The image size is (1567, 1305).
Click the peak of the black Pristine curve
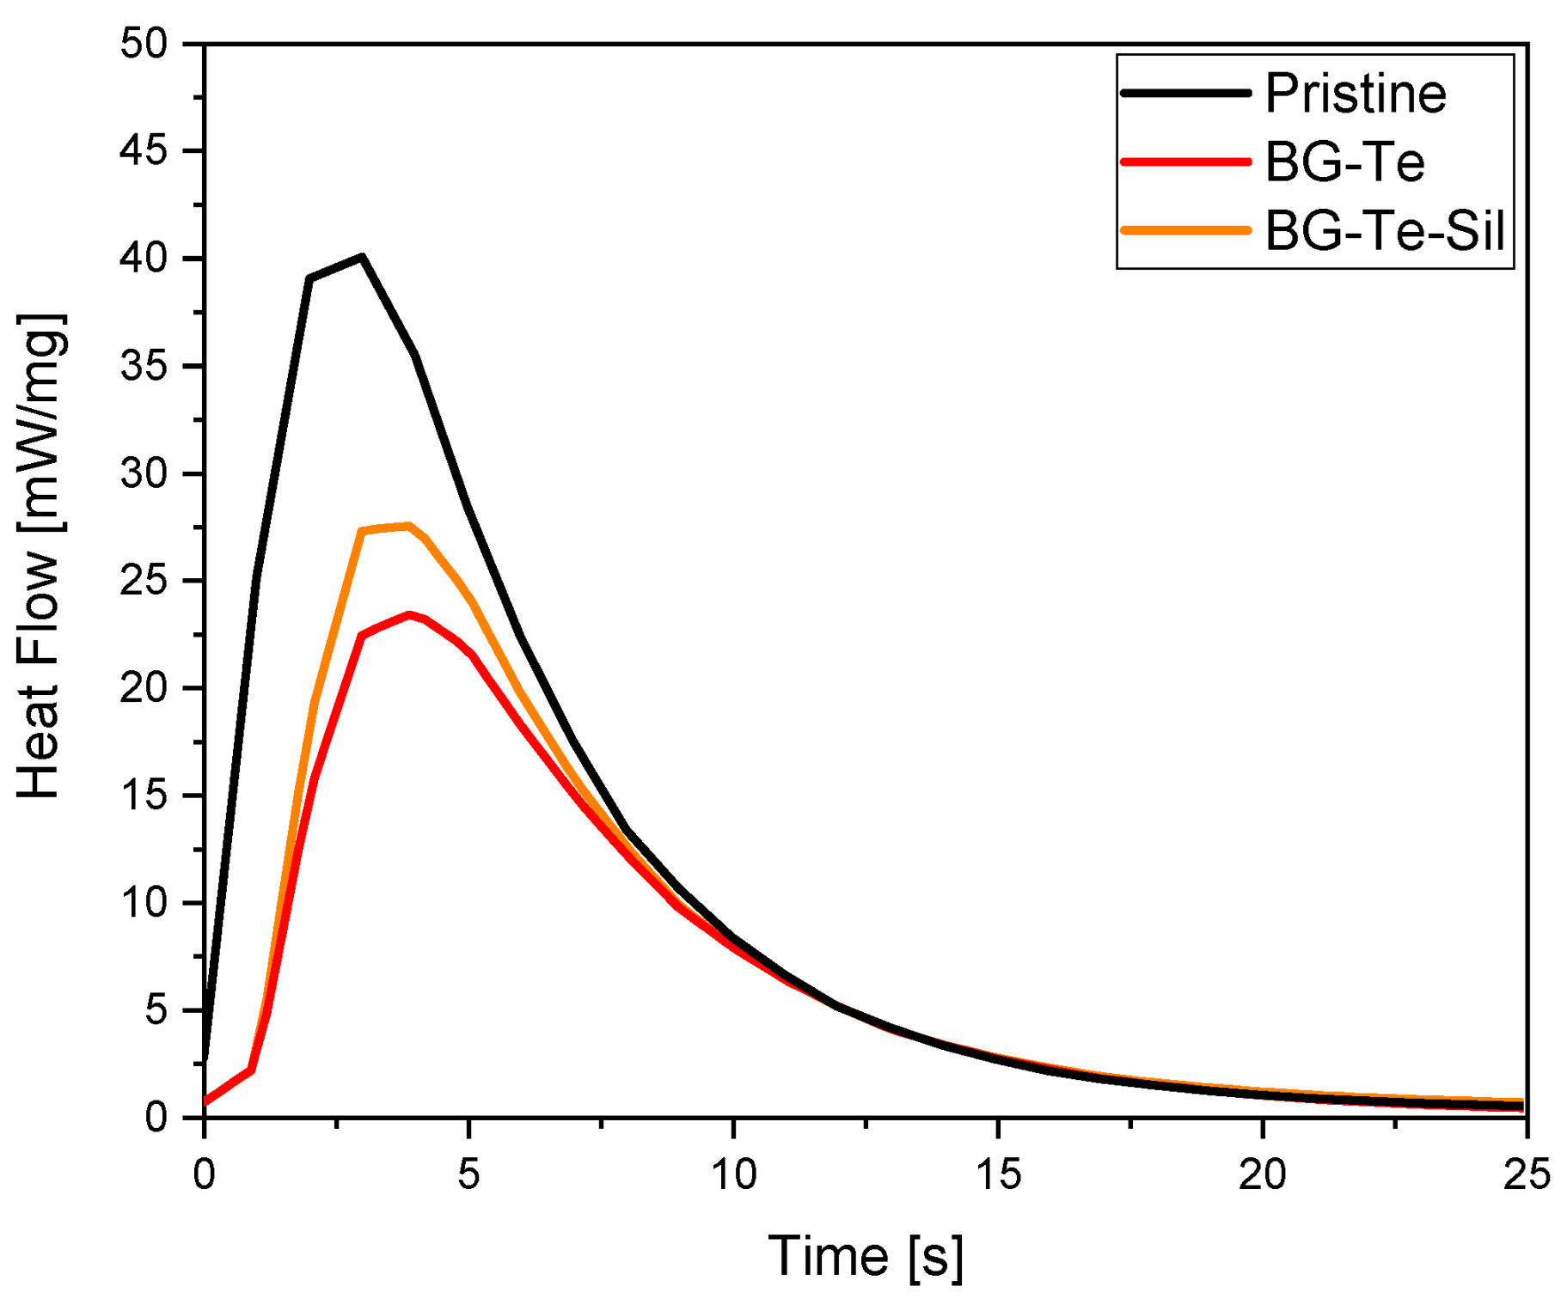pos(362,257)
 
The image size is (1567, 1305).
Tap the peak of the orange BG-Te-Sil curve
pos(409,526)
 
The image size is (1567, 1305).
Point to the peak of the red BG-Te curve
pos(409,614)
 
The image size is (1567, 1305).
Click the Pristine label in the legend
pos(1356,93)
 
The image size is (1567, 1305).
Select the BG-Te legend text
pos(1344,162)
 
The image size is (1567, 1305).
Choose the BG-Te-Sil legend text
pos(1385,230)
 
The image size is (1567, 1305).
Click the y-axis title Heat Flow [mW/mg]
pos(40,557)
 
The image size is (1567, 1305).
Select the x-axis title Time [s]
pos(865,1256)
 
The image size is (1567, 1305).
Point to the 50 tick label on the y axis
pos(144,44)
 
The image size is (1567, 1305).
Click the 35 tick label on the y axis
pos(144,366)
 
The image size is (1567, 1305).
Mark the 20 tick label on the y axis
pos(144,688)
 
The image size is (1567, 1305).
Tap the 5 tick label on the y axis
pos(156,1010)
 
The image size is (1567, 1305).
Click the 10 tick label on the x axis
pos(733,1174)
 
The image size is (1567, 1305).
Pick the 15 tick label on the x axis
pos(998,1174)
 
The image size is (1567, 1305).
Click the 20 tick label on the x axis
pos(1262,1174)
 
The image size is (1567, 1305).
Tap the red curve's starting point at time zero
pos(205,1101)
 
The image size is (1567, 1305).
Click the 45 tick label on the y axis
pos(144,151)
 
